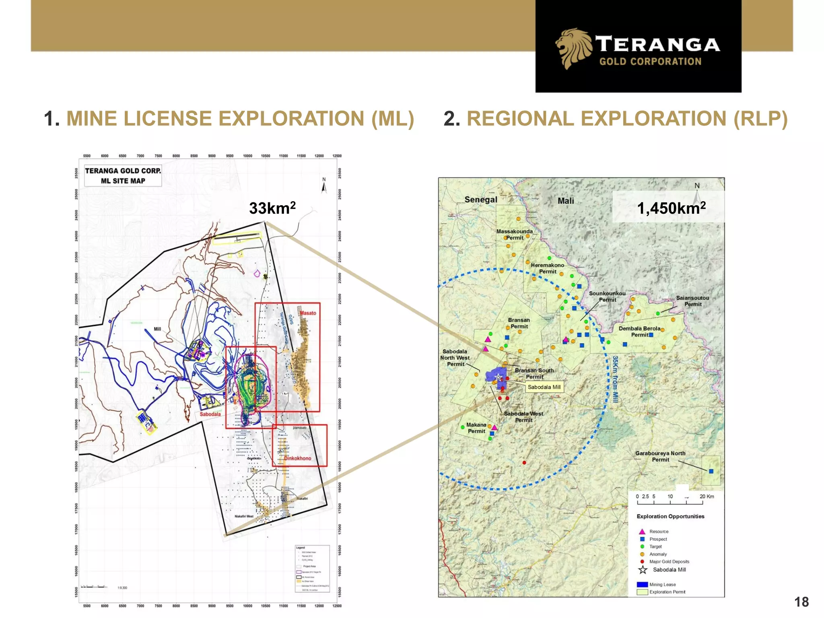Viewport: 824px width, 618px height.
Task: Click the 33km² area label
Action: tap(272, 208)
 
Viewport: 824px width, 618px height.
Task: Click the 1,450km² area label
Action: tap(671, 208)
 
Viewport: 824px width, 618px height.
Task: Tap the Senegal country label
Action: tap(480, 200)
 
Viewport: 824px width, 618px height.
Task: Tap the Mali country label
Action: tap(565, 201)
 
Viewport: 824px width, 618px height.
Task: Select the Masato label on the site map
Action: tap(308, 313)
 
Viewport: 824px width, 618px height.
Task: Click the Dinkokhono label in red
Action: tap(297, 458)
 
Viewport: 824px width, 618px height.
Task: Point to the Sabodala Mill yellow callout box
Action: tap(544, 387)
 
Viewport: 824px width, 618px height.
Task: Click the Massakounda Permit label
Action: tap(514, 235)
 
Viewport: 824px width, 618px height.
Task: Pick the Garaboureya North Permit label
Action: tap(660, 456)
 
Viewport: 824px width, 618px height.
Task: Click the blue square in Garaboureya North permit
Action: tap(711, 471)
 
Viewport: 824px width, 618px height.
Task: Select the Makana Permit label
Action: tap(476, 428)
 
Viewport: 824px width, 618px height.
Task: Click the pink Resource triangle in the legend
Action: tap(642, 531)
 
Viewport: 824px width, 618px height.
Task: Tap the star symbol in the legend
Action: tap(643, 570)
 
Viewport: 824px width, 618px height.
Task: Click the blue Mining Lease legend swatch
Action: tap(642, 585)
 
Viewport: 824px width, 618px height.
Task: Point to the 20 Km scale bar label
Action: tap(707, 496)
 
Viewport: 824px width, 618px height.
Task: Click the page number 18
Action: tap(801, 602)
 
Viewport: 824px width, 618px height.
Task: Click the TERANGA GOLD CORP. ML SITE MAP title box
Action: tap(123, 176)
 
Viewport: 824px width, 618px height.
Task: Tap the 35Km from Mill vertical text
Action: tap(615, 379)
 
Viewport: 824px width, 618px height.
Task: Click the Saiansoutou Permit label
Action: tap(692, 301)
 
